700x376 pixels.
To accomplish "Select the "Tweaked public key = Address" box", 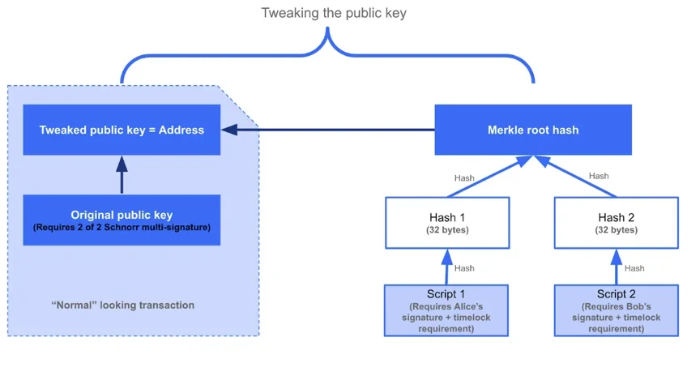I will click(122, 130).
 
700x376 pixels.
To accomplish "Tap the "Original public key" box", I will click(122, 220).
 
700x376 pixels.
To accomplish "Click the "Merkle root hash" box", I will click(533, 130).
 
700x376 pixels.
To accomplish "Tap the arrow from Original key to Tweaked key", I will click(122, 175).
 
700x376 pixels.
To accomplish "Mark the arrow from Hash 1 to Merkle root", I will click(486, 179).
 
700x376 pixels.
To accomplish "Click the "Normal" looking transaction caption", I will click(123, 305).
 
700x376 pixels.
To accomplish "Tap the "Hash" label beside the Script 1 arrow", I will click(465, 268).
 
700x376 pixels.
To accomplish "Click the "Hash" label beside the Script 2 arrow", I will click(634, 268).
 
